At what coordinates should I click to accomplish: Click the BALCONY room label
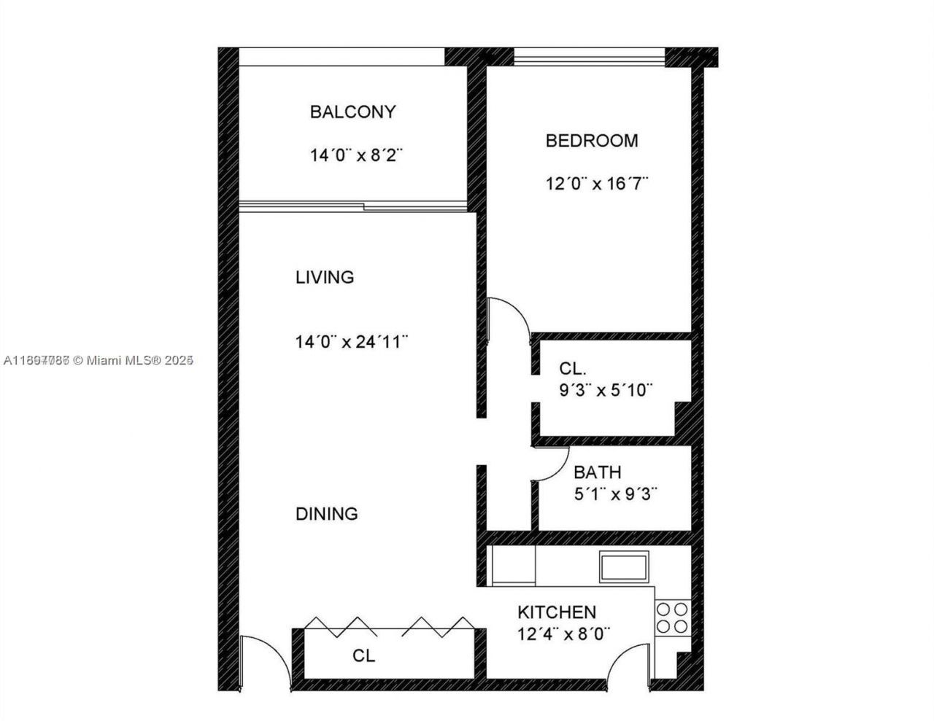(x=352, y=112)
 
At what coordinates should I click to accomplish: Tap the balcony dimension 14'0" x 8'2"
(x=356, y=155)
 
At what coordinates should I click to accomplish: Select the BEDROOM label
(x=591, y=140)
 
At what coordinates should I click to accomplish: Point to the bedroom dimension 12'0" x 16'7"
(x=597, y=183)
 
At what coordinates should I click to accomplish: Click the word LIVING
(x=324, y=277)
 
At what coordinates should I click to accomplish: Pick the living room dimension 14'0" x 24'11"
(x=351, y=341)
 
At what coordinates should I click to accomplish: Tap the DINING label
(x=326, y=513)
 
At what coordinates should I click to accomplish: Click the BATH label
(x=597, y=472)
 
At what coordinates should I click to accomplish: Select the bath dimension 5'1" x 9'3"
(x=616, y=494)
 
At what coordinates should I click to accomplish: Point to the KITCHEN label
(x=556, y=612)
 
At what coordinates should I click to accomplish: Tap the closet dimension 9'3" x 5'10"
(x=606, y=390)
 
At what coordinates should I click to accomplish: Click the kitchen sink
(x=624, y=566)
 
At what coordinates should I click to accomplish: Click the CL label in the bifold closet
(x=363, y=655)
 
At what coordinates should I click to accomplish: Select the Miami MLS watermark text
(x=98, y=359)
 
